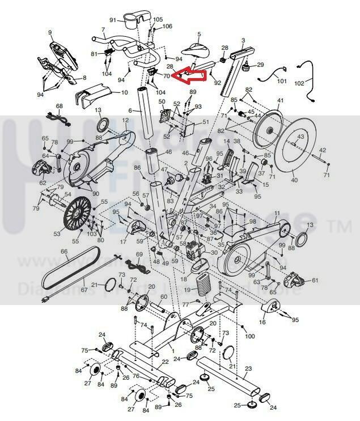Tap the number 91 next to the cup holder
point(113,20)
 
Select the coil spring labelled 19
point(202,283)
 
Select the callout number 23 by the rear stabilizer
point(247,368)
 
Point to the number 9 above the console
point(50,32)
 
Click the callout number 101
point(282,82)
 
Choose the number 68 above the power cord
point(60,107)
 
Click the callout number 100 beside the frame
point(249,337)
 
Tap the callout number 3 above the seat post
point(243,41)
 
